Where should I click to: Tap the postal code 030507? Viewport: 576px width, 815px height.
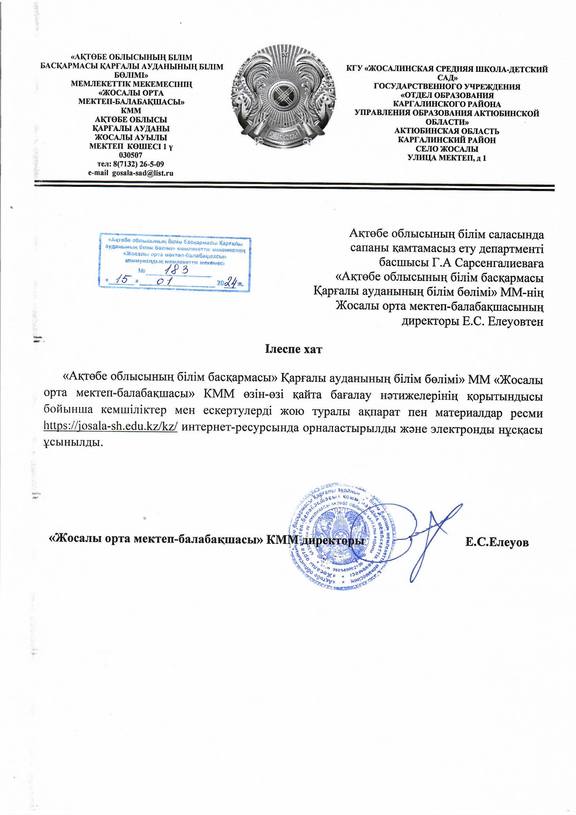[131, 155]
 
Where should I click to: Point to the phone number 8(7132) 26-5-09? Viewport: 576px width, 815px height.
[138, 164]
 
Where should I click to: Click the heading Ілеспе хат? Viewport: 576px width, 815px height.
[294, 349]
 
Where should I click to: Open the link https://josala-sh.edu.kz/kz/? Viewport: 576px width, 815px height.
[110, 426]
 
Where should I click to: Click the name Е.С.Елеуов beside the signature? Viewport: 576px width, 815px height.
[497, 543]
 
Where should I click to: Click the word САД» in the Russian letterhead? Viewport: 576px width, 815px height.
[447, 78]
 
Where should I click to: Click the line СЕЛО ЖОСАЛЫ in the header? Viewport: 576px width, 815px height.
[447, 149]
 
